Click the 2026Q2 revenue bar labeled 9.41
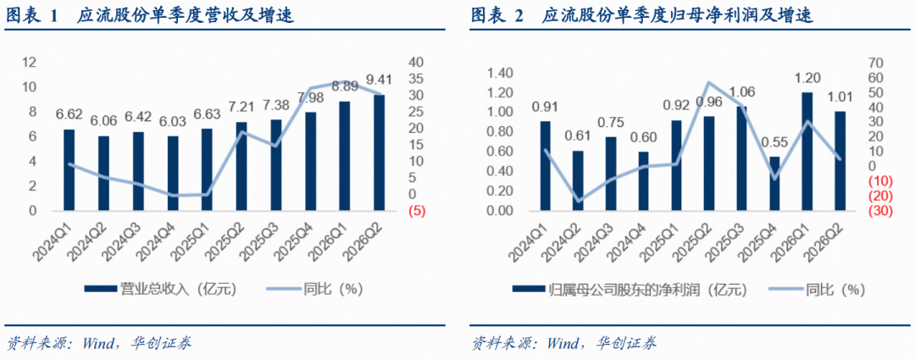click(x=380, y=152)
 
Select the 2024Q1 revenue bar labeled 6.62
click(x=69, y=169)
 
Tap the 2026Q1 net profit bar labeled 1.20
click(x=807, y=151)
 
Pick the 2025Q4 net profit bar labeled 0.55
click(x=774, y=183)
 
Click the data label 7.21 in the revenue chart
click(x=241, y=108)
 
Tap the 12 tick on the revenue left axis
click(x=29, y=63)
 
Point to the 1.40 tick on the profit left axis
click(x=502, y=73)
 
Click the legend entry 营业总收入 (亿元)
click(x=160, y=288)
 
